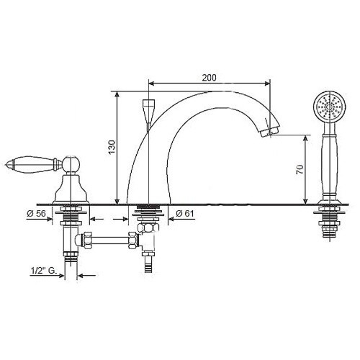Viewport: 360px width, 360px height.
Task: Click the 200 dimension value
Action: tap(209, 78)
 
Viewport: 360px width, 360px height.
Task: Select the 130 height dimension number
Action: tap(112, 147)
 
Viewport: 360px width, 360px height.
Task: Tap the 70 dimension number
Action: tap(300, 169)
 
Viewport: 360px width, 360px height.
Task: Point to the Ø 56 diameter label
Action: tap(36, 213)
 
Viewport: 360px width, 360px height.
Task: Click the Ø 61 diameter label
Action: tap(184, 213)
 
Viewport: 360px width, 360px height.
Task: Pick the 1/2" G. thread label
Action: tap(43, 271)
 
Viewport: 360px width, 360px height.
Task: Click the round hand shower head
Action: tap(330, 107)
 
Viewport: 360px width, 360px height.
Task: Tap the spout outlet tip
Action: tap(270, 132)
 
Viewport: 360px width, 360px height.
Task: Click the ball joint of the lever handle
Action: tap(71, 164)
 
